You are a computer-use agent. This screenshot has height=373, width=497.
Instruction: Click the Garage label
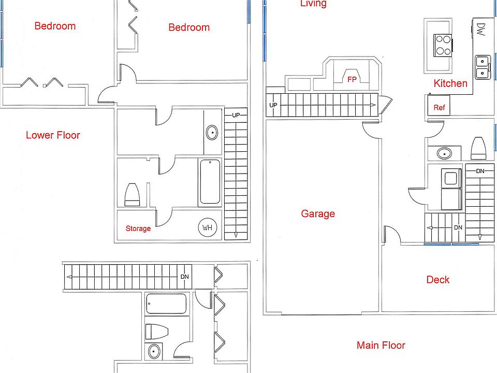tap(317, 213)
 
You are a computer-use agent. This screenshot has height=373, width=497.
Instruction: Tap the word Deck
tap(437, 280)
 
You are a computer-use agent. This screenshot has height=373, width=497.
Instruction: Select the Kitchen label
tap(450, 83)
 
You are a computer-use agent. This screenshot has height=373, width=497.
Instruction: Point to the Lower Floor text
tap(53, 135)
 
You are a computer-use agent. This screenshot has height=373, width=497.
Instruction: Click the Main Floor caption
tap(381, 345)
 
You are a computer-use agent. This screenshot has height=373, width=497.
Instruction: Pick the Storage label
tap(138, 228)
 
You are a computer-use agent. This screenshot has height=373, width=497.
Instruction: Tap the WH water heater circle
tap(207, 228)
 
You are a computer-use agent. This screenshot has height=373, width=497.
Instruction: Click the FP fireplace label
tap(352, 79)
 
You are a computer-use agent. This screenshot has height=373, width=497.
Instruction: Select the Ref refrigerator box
tap(439, 108)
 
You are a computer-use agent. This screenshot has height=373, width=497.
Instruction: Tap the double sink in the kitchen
tap(484, 67)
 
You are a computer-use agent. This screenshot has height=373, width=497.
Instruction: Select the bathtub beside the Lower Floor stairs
tap(210, 181)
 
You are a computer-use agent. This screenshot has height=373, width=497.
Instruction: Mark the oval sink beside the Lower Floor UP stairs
tap(212, 133)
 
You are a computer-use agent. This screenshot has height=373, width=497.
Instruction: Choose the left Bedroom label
tap(55, 26)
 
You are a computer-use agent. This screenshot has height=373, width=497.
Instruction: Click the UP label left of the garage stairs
tap(273, 106)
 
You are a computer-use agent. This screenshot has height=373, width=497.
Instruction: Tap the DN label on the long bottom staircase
tap(185, 277)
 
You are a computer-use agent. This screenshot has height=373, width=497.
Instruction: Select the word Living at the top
tap(313, 4)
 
